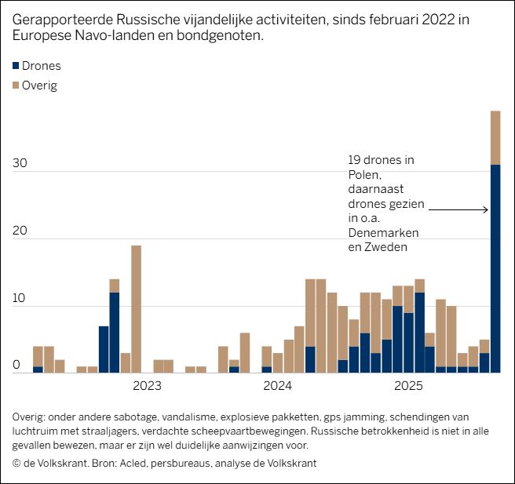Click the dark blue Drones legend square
16,66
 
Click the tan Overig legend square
16,86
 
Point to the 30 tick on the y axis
20,164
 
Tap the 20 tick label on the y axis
20,231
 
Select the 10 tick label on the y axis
20,299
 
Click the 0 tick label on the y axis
16,366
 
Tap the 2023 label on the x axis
147,386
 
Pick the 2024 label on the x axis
277,386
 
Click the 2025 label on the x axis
408,386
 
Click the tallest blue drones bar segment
495,269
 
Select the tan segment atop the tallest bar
495,137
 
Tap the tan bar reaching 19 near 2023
136,309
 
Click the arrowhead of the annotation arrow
487,209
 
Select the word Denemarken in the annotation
383,234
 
